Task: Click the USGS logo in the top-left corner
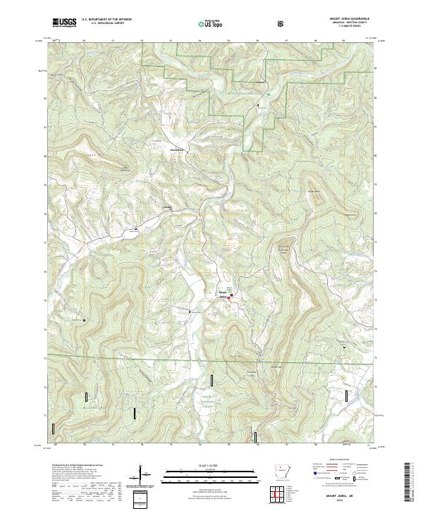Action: pos(64,23)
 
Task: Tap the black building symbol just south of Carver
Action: pos(258,105)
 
